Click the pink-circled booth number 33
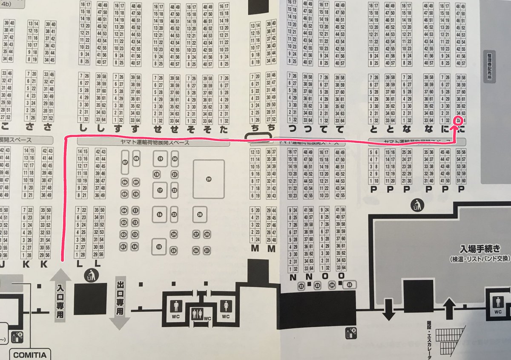pos(458,121)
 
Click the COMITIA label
pos(29,354)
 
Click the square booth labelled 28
pos(200,214)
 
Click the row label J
pos(3,264)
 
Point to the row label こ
pos(5,128)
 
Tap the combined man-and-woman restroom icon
pos(197,314)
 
